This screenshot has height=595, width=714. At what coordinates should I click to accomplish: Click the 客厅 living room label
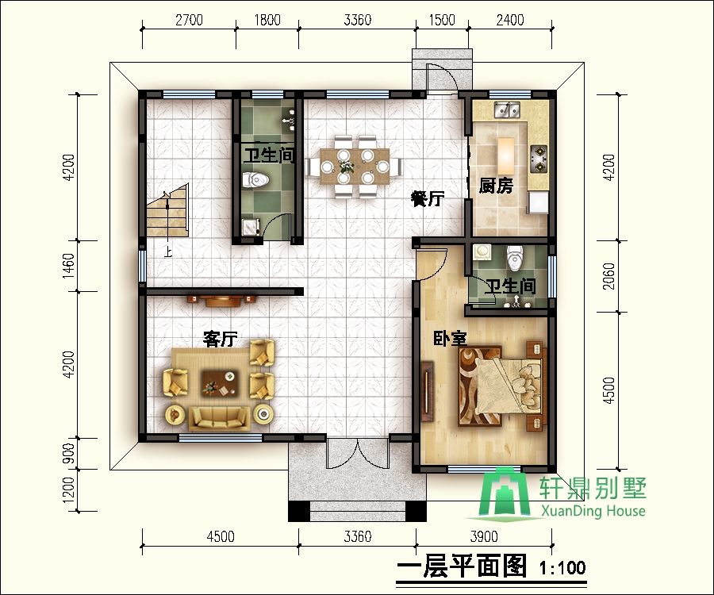221,340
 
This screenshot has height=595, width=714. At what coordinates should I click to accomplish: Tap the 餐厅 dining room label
427,199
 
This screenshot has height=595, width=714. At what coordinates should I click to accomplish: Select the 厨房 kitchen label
497,186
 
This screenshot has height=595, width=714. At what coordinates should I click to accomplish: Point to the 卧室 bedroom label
449,339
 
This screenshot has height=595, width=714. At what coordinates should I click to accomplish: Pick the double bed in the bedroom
500,384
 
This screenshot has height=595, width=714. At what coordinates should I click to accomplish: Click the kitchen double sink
504,110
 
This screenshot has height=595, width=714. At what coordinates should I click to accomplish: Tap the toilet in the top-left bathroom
255,179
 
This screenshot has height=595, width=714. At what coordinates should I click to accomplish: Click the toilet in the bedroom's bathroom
515,257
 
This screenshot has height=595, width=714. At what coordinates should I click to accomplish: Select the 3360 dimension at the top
358,20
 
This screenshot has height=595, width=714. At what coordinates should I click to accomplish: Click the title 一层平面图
460,566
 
